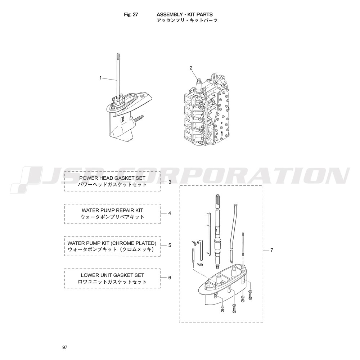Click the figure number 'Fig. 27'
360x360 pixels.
coord(131,14)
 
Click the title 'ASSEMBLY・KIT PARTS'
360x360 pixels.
coord(185,14)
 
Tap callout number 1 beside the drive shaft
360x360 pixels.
coord(100,78)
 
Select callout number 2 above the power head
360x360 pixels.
coord(191,68)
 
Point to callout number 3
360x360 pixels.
coord(170,182)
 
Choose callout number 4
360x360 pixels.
coord(170,213)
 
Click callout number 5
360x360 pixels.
coord(170,245)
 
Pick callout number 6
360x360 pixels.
coord(170,278)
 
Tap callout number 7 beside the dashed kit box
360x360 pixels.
coord(272,250)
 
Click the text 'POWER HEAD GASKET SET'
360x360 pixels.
coord(112,178)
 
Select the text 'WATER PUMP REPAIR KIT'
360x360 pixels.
coord(112,210)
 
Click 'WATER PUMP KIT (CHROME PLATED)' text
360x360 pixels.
coord(112,243)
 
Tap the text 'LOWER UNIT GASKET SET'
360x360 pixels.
coord(112,275)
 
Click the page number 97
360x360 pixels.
coord(65,347)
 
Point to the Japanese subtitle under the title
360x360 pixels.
coord(187,20)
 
